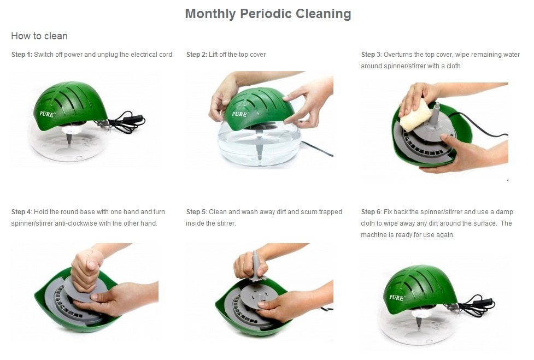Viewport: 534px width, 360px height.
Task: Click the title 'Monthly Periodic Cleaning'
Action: pyautogui.click(x=268, y=14)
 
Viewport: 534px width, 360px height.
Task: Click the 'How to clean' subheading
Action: pyautogui.click(x=39, y=36)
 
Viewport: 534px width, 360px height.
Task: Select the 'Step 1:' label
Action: pyautogui.click(x=22, y=55)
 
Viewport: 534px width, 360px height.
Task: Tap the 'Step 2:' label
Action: pyautogui.click(x=197, y=55)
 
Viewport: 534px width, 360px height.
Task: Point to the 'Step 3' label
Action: pyautogui.click(x=371, y=55)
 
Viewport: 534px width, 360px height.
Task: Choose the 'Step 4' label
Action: pyautogui.click(x=21, y=211)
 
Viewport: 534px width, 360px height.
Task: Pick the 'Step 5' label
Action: pyautogui.click(x=196, y=211)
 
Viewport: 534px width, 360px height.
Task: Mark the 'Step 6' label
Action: pyautogui.click(x=371, y=211)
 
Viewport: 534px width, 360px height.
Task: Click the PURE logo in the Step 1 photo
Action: pyautogui.click(x=46, y=114)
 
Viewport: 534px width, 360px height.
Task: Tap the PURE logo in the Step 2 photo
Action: pyautogui.click(x=239, y=114)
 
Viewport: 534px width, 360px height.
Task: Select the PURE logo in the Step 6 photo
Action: pyautogui.click(x=397, y=298)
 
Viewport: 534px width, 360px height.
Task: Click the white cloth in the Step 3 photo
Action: pyautogui.click(x=416, y=115)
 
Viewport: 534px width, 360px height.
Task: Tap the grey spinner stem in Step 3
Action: pyautogui.click(x=435, y=114)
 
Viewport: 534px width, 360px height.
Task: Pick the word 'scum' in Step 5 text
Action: pyautogui.click(x=309, y=211)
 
